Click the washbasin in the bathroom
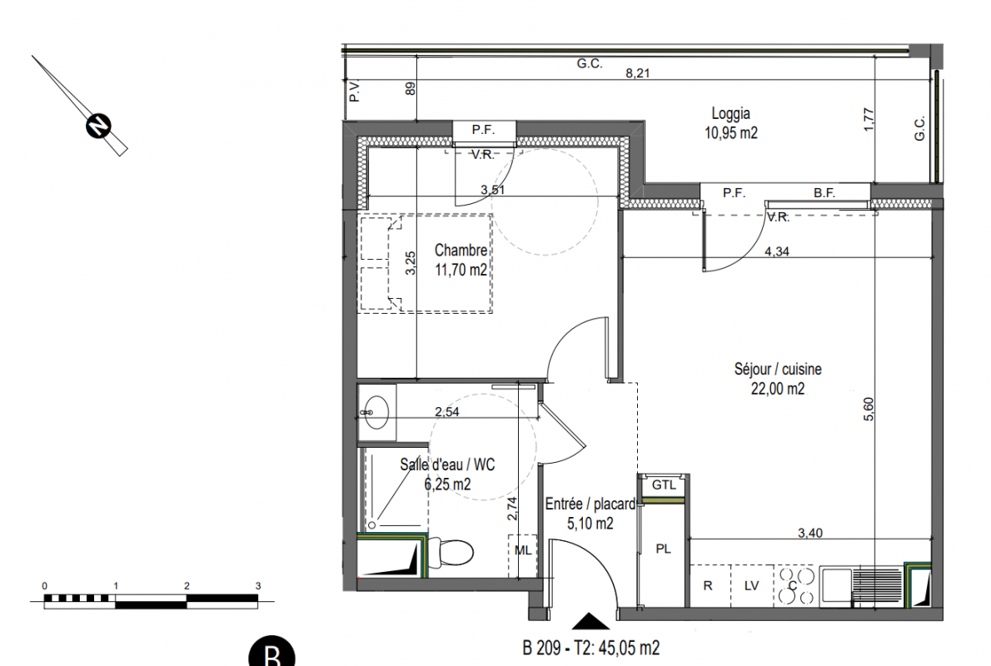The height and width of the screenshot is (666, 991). tap(376, 412)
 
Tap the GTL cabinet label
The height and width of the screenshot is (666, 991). tap(664, 485)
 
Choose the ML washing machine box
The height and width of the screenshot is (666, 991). tap(523, 554)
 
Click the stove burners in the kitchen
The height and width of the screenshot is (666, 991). tap(795, 586)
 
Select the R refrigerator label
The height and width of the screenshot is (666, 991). tap(708, 586)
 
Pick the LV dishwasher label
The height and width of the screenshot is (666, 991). tap(751, 586)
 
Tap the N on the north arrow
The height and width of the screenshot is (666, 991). tap(98, 125)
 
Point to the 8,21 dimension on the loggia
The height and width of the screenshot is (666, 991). tap(638, 73)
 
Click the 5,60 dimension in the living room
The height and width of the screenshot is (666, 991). tap(869, 409)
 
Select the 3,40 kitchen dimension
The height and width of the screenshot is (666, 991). tap(810, 533)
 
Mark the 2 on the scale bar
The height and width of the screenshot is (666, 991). tap(187, 586)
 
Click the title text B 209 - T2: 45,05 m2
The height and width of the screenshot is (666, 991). tap(591, 648)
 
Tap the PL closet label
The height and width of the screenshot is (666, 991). tap(663, 549)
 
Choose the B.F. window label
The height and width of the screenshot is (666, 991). tap(824, 192)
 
